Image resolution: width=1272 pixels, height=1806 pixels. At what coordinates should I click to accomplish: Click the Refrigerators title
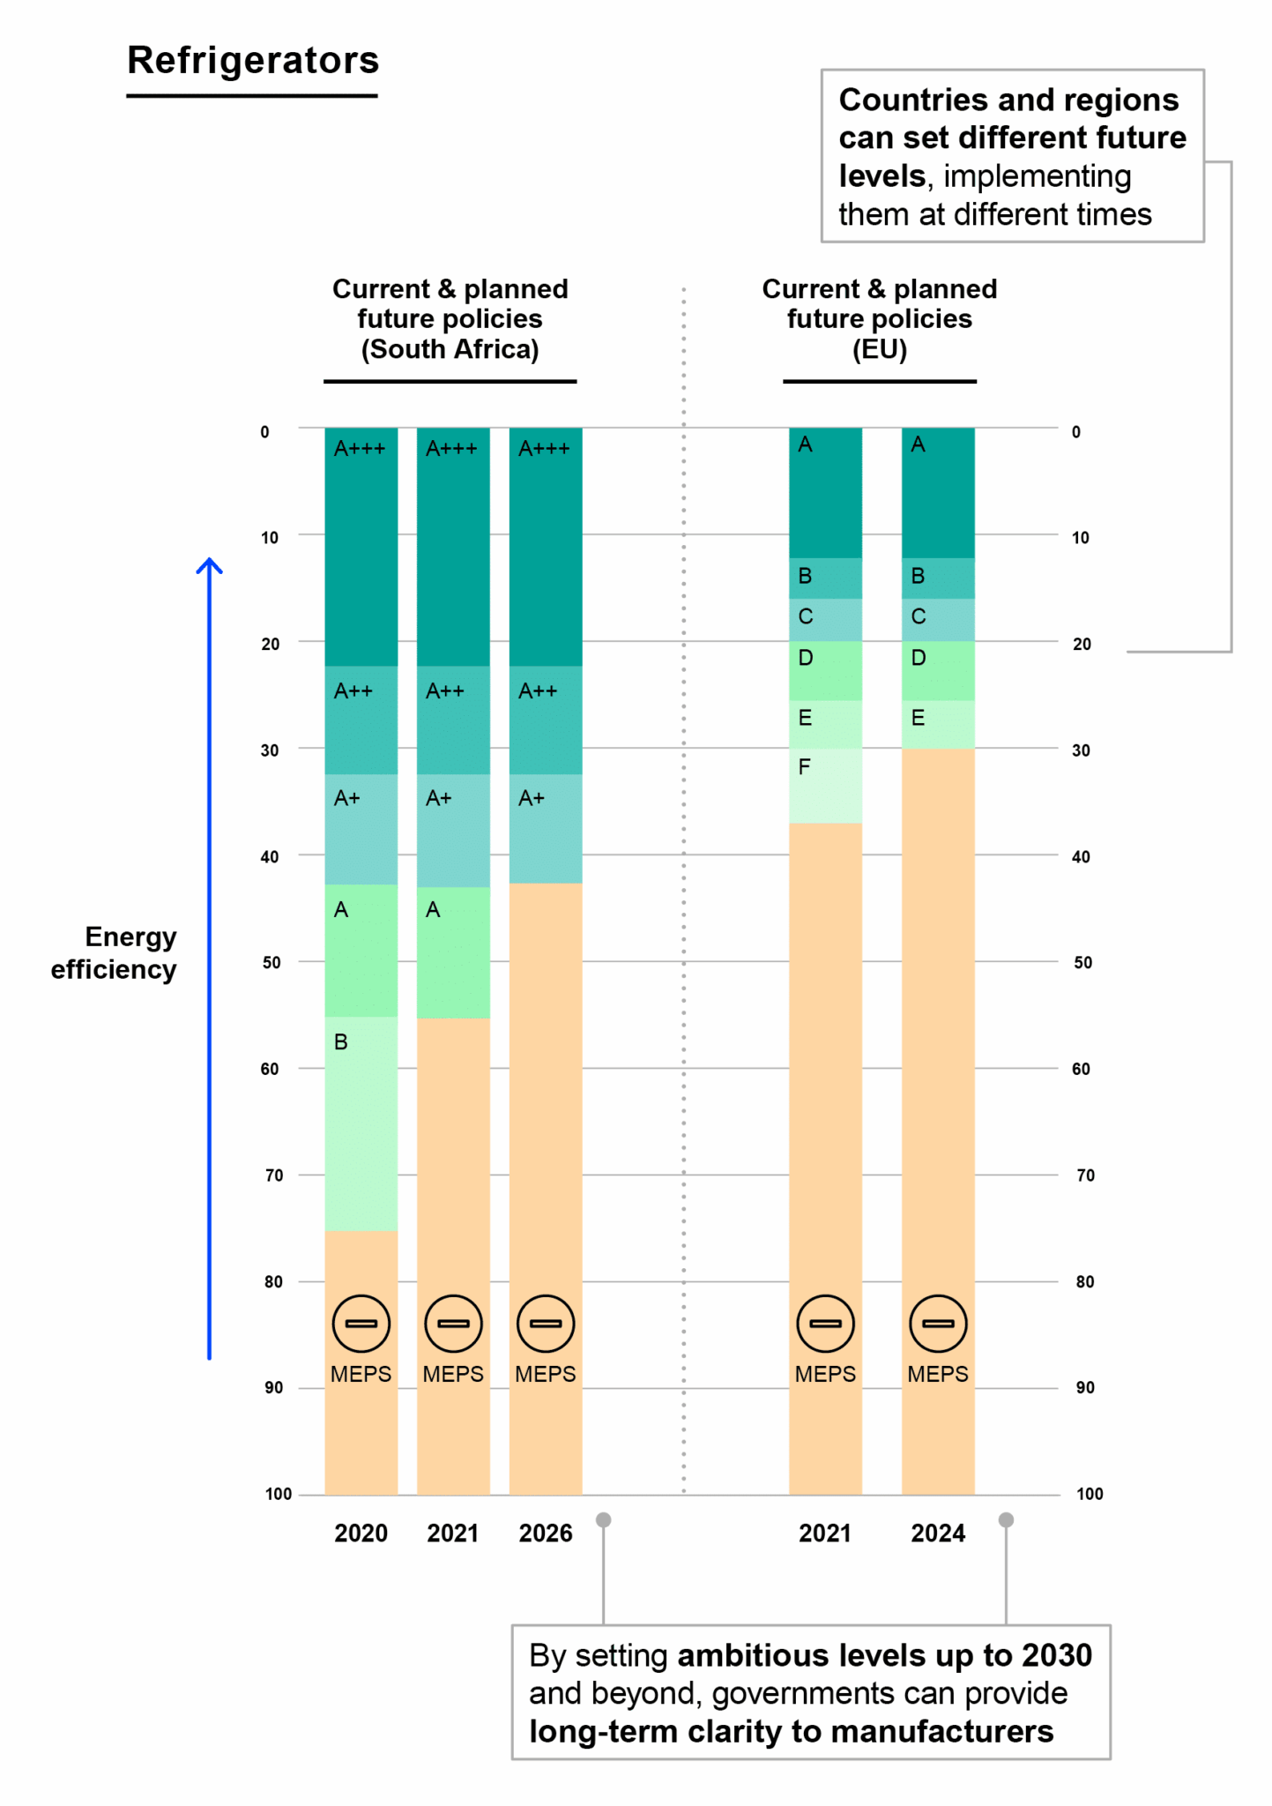[x=253, y=61]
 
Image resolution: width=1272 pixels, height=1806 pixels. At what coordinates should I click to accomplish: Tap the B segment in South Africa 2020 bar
[x=361, y=1123]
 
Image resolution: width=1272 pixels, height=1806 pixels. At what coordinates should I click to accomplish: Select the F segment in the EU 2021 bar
[x=824, y=785]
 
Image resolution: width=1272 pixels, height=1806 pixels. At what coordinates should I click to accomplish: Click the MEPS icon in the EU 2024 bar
[x=937, y=1323]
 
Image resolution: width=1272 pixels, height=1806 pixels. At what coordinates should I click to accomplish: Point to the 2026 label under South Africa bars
[x=545, y=1534]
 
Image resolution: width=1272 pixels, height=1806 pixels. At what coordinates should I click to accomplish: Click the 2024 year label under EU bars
[x=937, y=1534]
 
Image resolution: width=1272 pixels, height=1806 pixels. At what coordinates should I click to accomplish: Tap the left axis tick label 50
[x=272, y=962]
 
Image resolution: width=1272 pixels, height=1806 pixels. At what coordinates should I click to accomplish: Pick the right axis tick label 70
[x=1084, y=1175]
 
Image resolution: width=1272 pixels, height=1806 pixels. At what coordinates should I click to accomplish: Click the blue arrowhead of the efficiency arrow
[x=209, y=564]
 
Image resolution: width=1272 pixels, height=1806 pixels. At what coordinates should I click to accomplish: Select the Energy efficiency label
[x=115, y=952]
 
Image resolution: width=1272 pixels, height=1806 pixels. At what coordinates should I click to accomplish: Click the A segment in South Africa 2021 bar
[x=452, y=952]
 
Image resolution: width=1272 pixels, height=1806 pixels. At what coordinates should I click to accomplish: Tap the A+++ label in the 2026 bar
[x=544, y=449]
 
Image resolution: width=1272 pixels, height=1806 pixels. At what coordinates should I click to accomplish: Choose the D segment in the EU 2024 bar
[x=937, y=670]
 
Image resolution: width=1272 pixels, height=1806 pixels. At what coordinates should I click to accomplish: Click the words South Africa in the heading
[x=450, y=349]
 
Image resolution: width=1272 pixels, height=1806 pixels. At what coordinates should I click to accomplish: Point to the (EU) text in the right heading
[x=879, y=349]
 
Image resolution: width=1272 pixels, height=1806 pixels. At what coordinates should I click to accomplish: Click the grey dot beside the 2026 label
[x=604, y=1519]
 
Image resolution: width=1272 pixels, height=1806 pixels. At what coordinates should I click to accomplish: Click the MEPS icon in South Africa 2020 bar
[x=361, y=1323]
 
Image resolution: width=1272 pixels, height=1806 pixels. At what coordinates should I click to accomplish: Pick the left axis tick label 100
[x=278, y=1494]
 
